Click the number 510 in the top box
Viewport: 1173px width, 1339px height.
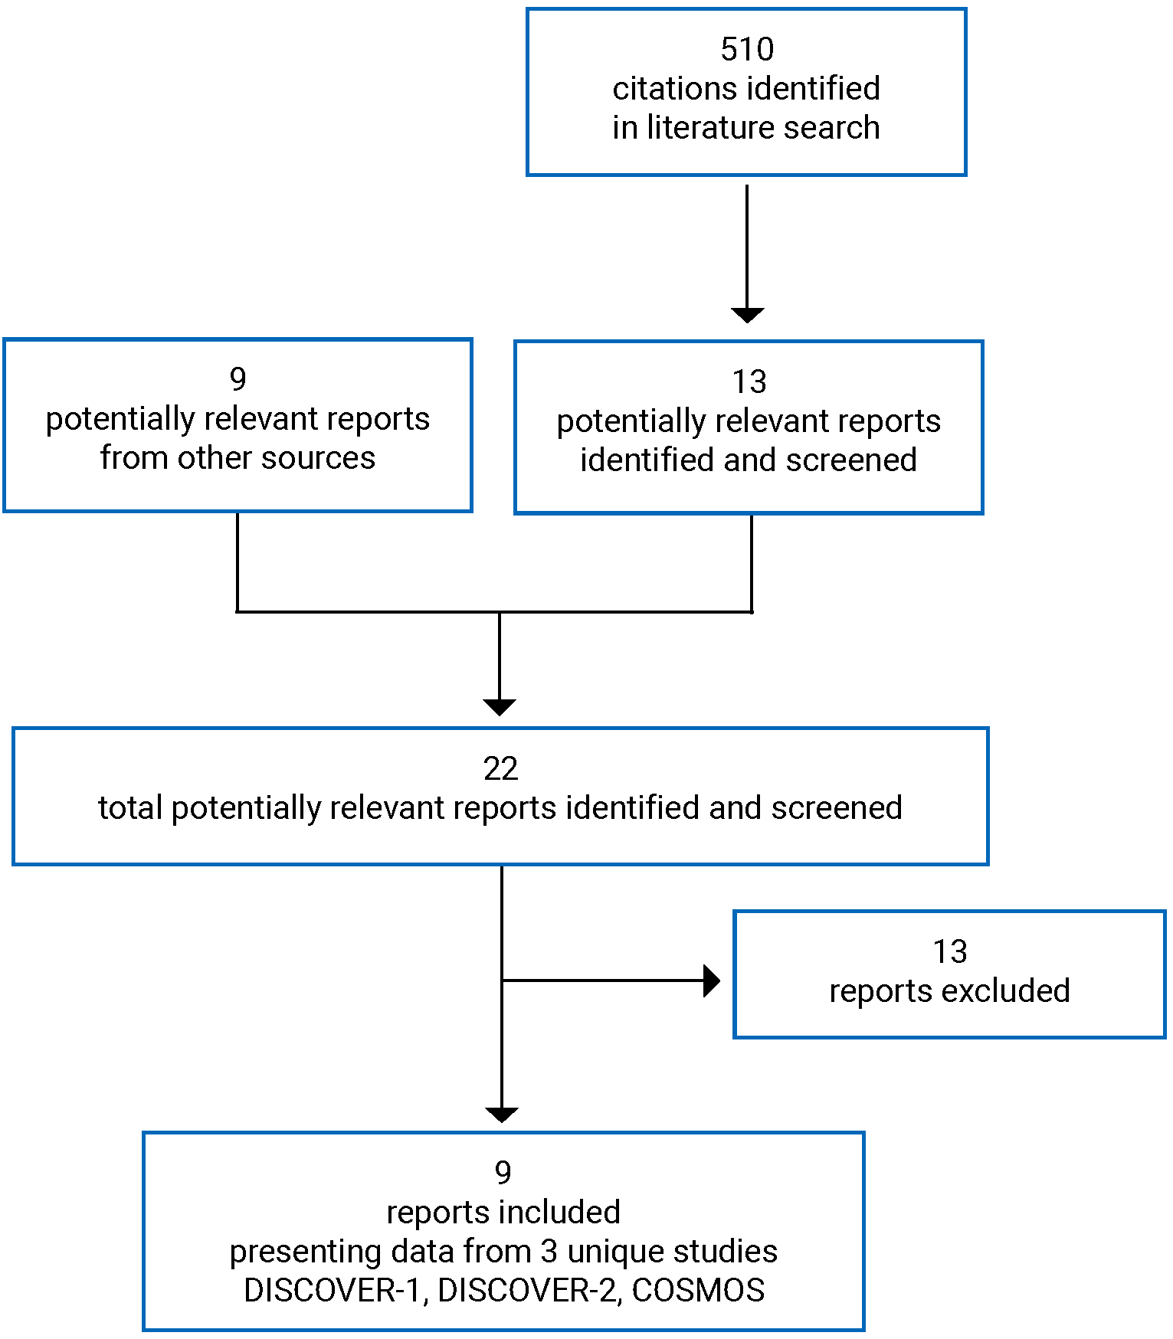(747, 50)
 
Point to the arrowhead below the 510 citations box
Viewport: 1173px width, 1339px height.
(747, 315)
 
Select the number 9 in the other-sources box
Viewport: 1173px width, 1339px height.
(238, 379)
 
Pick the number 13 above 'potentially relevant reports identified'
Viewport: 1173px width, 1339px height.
(749, 381)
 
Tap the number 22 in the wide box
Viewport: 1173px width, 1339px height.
(500, 769)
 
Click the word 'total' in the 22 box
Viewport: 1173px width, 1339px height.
(129, 808)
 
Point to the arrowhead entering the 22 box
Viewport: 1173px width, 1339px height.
(500, 707)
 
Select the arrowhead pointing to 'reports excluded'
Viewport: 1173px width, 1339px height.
(712, 981)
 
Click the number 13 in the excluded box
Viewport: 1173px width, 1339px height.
(949, 952)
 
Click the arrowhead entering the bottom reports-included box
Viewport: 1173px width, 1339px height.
(502, 1115)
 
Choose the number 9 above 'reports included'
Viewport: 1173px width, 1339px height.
(503, 1173)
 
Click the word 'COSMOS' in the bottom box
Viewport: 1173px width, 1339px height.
(698, 1291)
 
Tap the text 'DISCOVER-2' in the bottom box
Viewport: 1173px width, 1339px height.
(527, 1291)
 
